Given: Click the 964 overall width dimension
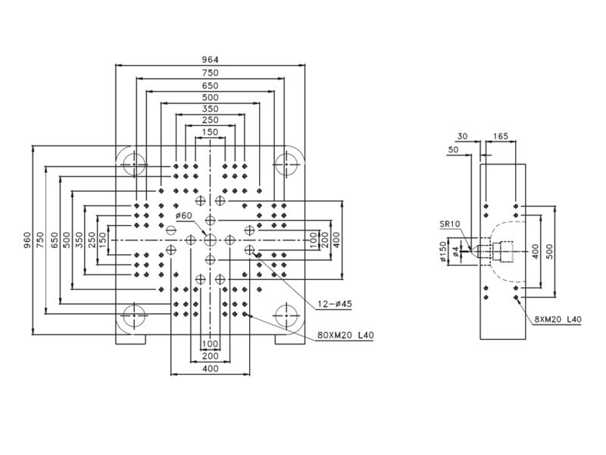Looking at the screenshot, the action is coord(211,60).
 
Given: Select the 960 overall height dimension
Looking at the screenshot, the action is coord(27,240).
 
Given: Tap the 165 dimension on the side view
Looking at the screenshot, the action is coord(501,136).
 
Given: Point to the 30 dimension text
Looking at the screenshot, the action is coord(462,136).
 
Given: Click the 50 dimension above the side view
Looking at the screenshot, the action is coord(453,149).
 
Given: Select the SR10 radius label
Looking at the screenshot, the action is coord(449,224).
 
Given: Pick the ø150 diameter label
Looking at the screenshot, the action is coord(443,252).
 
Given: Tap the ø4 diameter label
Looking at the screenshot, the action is coord(456,252).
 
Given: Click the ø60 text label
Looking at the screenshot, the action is coord(183,215).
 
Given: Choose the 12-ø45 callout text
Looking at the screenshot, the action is coord(335,304).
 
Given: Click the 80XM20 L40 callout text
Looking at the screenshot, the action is coord(345,335).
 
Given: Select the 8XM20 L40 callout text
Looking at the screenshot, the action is coord(558,319).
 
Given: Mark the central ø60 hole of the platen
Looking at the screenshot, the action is coord(210,240).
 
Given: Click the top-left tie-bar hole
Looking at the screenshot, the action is coord(134,164).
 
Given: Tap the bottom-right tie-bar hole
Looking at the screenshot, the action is coord(286,315).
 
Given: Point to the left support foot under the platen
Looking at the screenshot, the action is coord(130,339).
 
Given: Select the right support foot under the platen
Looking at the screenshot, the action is coord(290,339).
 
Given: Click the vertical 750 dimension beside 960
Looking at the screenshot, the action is coord(40,240).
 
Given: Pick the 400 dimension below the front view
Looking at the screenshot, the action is coord(211,369).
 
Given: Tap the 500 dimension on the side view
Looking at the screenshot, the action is coord(551,252).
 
